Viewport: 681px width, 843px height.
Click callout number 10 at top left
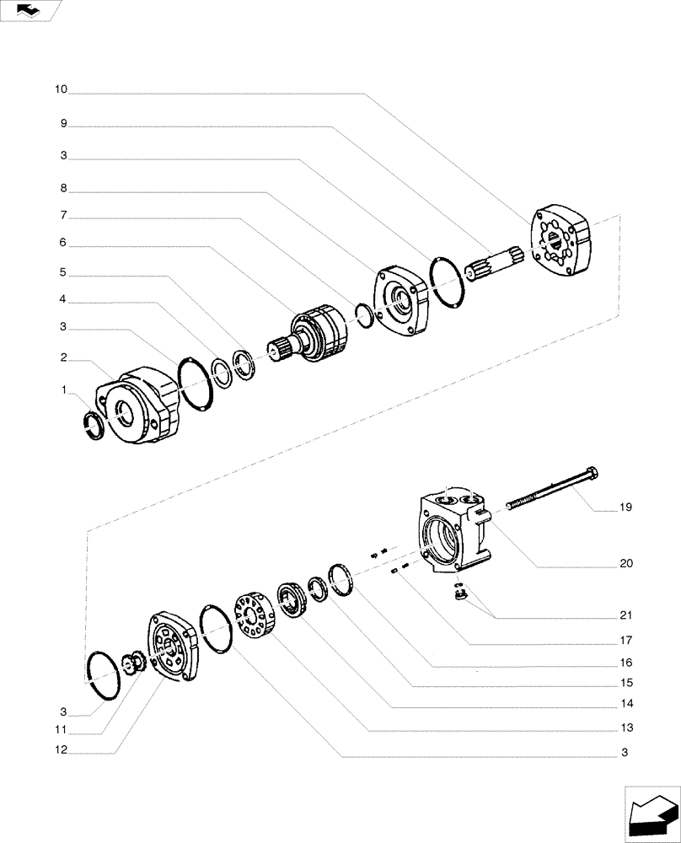coord(62,89)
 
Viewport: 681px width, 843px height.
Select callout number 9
coord(63,123)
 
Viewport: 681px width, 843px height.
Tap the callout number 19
coord(625,507)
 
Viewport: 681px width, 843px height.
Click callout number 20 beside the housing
coord(625,562)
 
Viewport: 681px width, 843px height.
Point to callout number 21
coord(625,615)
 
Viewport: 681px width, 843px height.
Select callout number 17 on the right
coord(625,640)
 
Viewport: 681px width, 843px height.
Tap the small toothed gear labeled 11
coord(134,663)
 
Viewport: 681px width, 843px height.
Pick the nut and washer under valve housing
coord(460,593)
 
